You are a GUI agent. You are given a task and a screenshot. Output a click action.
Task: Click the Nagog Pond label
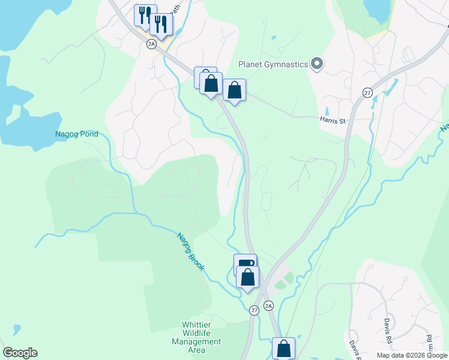point(76,134)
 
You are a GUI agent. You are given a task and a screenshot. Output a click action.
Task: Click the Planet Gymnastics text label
point(273,64)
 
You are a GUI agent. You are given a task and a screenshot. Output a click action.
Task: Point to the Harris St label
point(334,121)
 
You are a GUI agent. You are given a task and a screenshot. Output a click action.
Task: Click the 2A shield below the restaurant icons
point(151,44)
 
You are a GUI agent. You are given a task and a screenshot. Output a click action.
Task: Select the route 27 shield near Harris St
point(367,92)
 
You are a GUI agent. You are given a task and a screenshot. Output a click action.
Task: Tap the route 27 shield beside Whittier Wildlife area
point(255,310)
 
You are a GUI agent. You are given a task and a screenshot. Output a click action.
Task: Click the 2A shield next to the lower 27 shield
point(269,305)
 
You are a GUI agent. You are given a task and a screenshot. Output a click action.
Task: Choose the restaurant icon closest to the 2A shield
point(161,25)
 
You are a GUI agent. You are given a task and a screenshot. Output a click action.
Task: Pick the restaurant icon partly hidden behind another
point(144,15)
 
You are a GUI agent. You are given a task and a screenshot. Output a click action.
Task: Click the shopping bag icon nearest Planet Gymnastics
point(235,91)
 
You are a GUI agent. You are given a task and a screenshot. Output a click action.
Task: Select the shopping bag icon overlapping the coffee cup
point(247,277)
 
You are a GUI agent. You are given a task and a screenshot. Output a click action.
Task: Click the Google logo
point(20,353)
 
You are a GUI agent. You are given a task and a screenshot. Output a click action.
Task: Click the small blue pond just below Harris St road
point(328,111)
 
